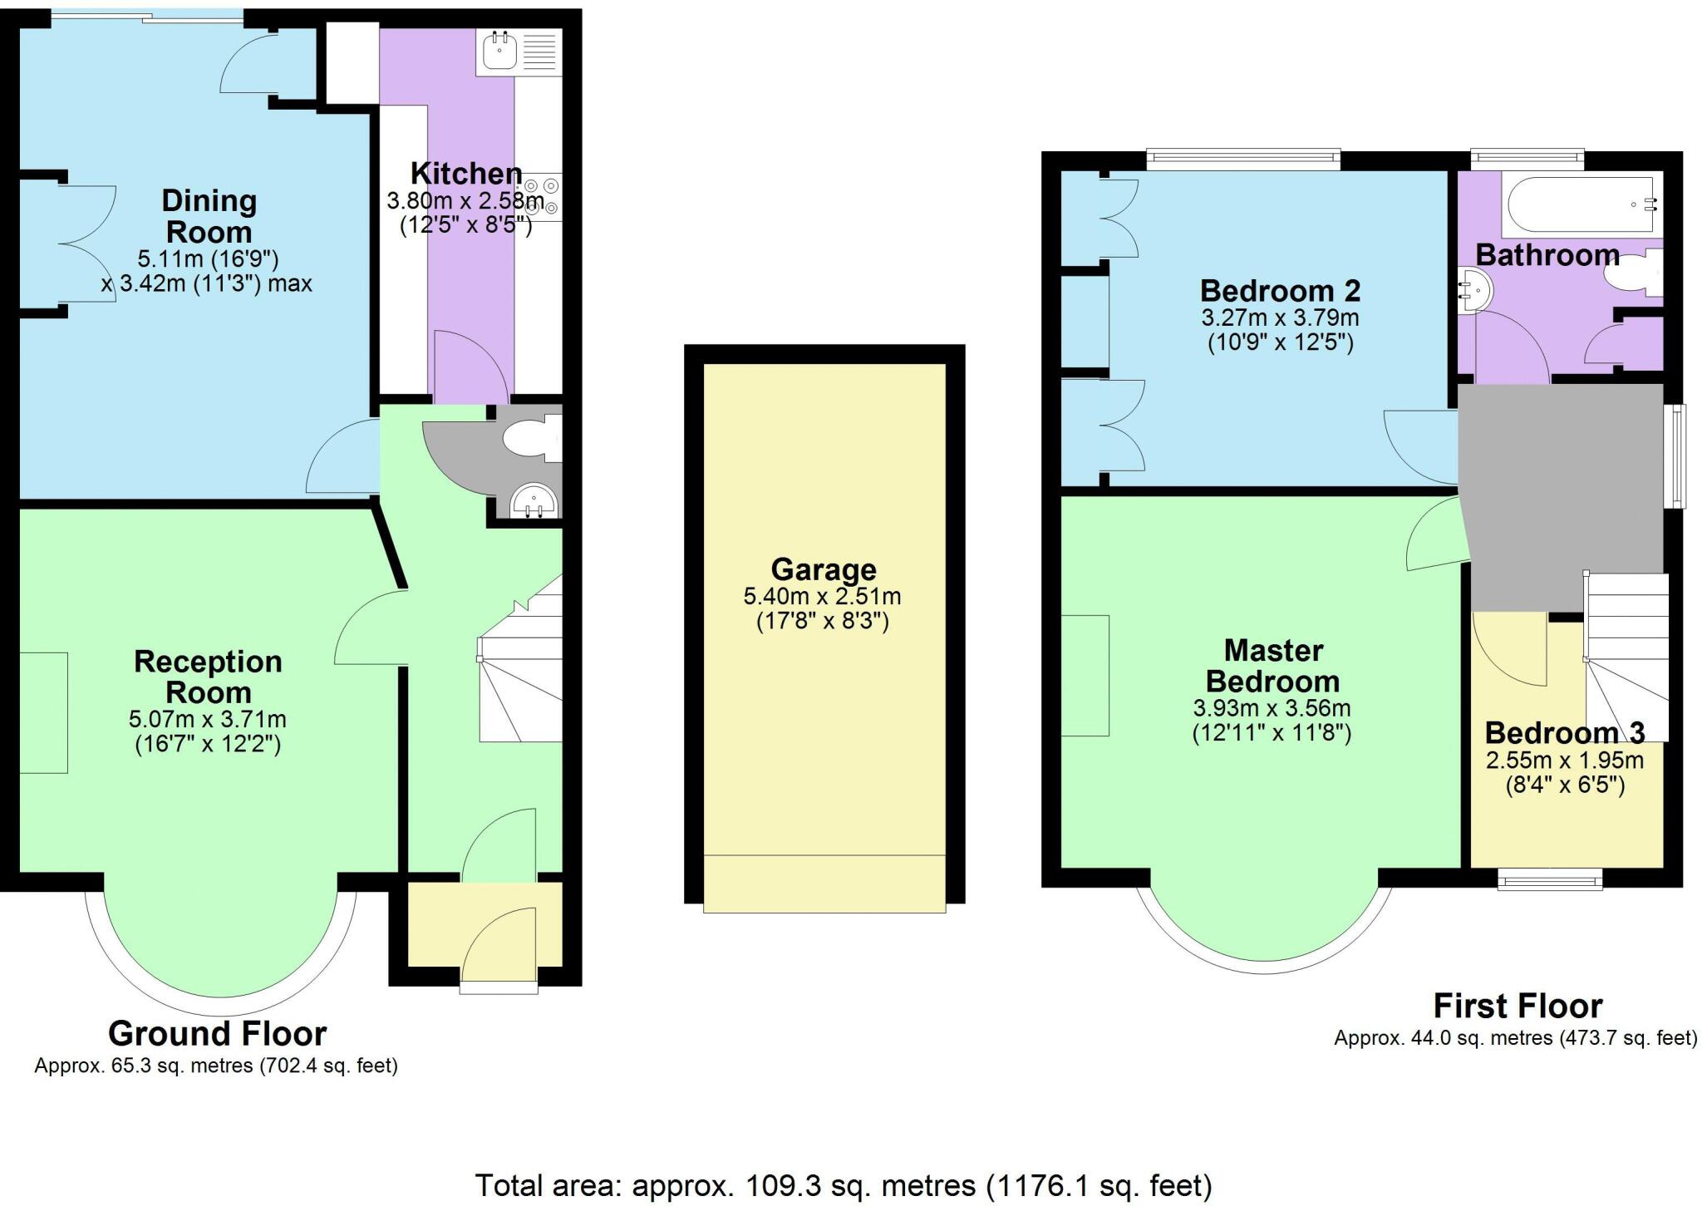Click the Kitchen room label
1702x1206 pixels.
click(x=466, y=174)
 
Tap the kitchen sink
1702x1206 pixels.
click(x=501, y=52)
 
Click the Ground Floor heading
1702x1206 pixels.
click(x=217, y=1033)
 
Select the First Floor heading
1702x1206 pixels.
click(x=1517, y=1006)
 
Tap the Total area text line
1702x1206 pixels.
click(x=843, y=1184)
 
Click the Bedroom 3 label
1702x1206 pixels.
click(x=1564, y=733)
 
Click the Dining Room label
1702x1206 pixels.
click(x=209, y=216)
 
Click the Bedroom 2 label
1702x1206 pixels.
click(x=1280, y=291)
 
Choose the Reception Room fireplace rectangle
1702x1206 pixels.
click(x=43, y=712)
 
